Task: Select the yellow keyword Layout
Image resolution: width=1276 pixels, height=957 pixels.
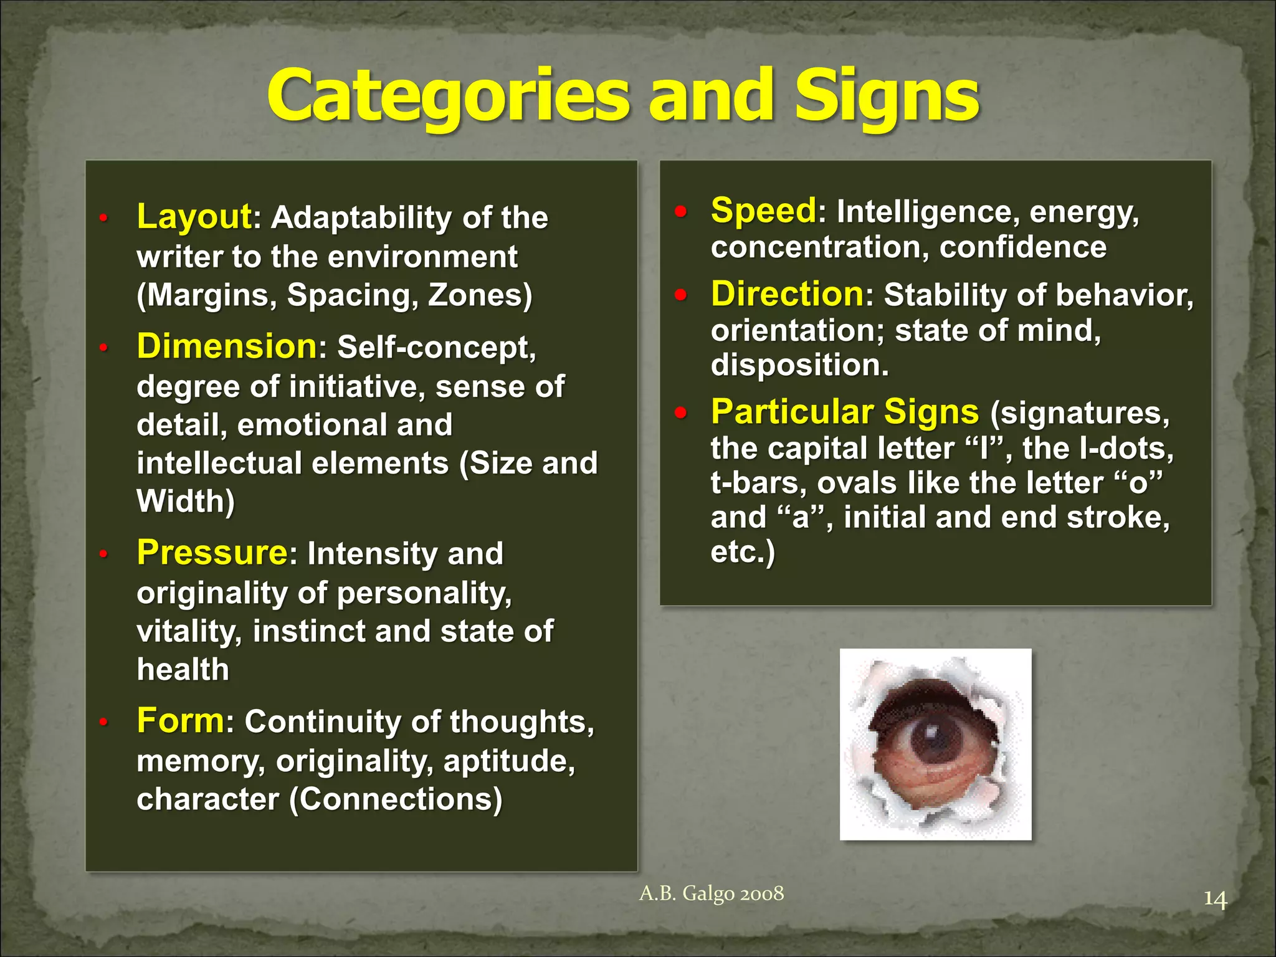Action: click(x=194, y=216)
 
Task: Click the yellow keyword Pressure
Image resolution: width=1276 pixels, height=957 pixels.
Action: click(x=212, y=552)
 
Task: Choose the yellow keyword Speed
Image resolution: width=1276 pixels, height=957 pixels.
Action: click(x=763, y=210)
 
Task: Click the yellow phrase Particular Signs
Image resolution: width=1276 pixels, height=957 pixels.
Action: click(x=845, y=411)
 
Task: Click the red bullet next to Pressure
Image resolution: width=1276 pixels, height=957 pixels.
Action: click(x=104, y=553)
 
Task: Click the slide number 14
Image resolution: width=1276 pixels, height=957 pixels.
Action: click(x=1214, y=900)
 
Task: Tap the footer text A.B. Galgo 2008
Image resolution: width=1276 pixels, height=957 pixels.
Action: click(x=712, y=893)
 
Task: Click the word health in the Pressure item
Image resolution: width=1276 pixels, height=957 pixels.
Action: click(x=183, y=669)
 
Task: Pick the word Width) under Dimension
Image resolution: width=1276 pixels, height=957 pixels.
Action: click(x=186, y=501)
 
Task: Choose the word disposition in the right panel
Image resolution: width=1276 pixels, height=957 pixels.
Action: click(x=799, y=364)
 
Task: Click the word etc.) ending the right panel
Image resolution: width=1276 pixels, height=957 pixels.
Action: click(x=742, y=551)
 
